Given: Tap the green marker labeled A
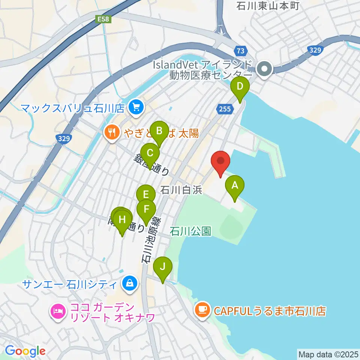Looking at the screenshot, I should click(x=235, y=186).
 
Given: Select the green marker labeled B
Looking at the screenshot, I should click(x=159, y=132).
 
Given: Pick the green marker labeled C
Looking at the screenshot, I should click(x=150, y=153).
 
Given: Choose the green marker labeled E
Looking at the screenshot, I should click(x=146, y=195).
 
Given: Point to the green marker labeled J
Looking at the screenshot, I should click(x=163, y=267).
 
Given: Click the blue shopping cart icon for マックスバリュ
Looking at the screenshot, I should click(x=135, y=108).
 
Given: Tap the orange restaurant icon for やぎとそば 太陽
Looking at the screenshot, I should click(x=111, y=132).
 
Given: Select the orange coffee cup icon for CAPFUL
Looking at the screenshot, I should click(x=202, y=310).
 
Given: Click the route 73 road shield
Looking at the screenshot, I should click(x=241, y=50).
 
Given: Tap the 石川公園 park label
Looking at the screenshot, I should click(x=190, y=231).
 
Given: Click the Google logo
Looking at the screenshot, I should click(x=25, y=351).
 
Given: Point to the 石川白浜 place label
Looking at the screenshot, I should click(x=181, y=190).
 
